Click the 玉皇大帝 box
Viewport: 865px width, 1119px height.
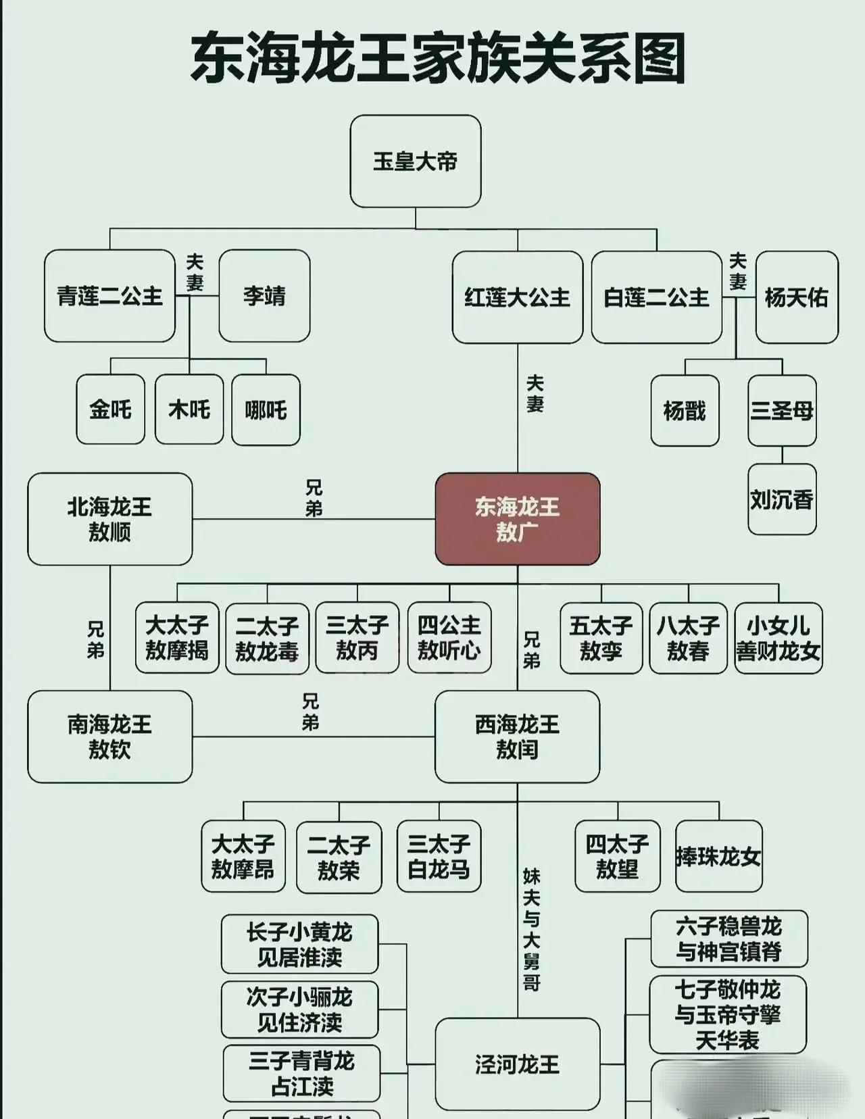[415, 161]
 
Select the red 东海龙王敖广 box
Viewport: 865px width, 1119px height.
[518, 519]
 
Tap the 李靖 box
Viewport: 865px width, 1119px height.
[264, 296]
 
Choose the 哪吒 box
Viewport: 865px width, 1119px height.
[266, 409]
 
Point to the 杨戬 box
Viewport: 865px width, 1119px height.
[685, 411]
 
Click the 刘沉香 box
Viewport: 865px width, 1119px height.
[782, 500]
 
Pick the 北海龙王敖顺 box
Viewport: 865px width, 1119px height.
[109, 519]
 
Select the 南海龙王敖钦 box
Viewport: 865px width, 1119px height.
[109, 737]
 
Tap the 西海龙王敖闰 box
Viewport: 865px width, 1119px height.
[518, 737]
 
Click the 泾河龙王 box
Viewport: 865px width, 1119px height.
[518, 1064]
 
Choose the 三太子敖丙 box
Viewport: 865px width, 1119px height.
[357, 638]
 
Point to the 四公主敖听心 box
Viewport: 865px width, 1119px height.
[449, 638]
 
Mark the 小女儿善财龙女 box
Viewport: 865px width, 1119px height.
[778, 638]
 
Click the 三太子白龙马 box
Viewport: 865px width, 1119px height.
[439, 856]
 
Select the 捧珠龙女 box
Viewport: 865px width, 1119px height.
[718, 856]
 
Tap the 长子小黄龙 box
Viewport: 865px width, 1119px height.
[299, 944]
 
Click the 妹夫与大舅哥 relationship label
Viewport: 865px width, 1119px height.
[532, 930]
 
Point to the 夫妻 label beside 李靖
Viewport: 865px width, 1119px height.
[195, 272]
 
